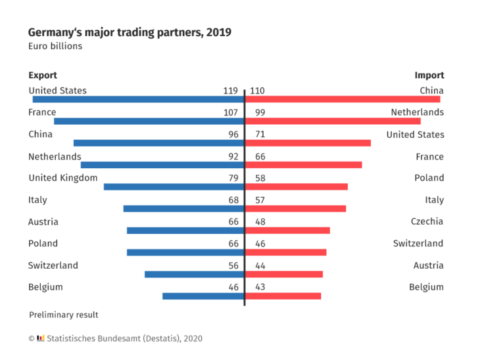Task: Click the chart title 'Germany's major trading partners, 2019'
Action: (x=130, y=32)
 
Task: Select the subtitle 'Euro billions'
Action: (x=55, y=46)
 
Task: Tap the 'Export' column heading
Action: (x=43, y=75)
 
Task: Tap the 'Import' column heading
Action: (x=429, y=75)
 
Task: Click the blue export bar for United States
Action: (x=138, y=99)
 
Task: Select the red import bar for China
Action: (x=342, y=99)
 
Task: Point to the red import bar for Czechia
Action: (x=287, y=231)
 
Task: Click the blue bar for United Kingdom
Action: (x=174, y=187)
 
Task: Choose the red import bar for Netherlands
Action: (x=332, y=121)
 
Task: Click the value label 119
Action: (x=230, y=91)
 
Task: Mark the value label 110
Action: (x=257, y=91)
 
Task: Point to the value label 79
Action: (x=233, y=178)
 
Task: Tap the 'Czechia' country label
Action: (x=427, y=221)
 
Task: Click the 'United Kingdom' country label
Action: (x=62, y=178)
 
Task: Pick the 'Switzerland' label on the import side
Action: (x=418, y=244)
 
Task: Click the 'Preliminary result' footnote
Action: (x=63, y=315)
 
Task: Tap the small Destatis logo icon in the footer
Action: (x=41, y=338)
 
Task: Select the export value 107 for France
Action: (x=230, y=112)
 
